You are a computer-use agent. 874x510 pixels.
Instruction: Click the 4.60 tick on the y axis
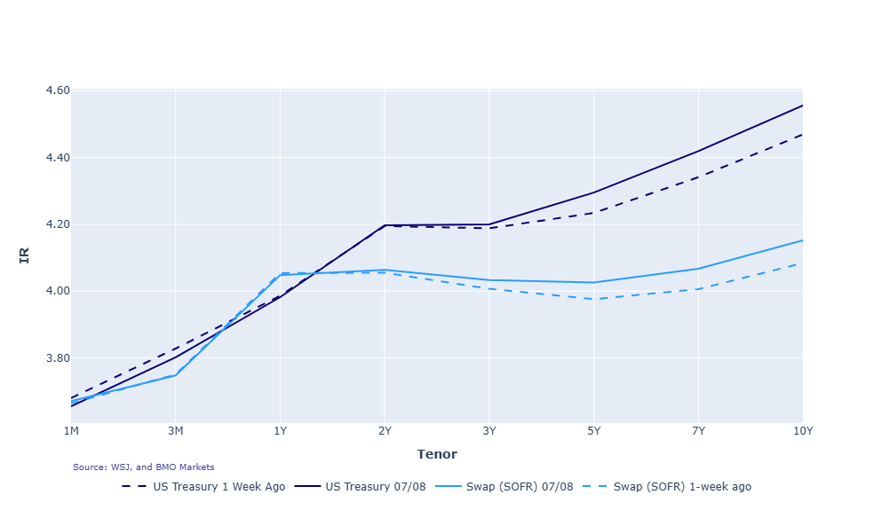[x=58, y=90]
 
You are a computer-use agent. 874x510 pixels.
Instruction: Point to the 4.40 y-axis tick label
[x=58, y=158]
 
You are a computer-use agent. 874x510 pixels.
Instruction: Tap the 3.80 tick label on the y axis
[x=58, y=358]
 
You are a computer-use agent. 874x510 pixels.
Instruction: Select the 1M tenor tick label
[x=71, y=431]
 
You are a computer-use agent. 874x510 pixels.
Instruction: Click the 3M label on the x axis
[x=176, y=431]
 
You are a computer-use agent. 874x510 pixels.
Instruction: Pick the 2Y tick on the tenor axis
[x=385, y=431]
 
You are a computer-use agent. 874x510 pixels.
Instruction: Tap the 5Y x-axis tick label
[x=593, y=431]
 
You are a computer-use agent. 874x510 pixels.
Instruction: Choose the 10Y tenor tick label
[x=803, y=431]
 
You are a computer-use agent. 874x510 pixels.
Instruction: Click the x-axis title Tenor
[x=437, y=454]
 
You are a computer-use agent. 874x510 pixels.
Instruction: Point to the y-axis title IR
[x=25, y=255]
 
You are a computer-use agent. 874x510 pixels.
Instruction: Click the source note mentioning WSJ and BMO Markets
[x=143, y=467]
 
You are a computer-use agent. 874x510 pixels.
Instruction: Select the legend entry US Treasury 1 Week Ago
[x=203, y=487]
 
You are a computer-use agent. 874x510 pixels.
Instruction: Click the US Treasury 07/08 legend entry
[x=360, y=487]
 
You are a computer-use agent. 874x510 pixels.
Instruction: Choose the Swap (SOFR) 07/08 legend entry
[x=504, y=487]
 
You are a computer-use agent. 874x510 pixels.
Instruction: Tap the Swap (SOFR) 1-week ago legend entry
[x=667, y=487]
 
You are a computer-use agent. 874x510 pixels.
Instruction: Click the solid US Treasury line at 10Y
[x=803, y=106]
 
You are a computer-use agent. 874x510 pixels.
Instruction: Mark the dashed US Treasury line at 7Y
[x=698, y=177]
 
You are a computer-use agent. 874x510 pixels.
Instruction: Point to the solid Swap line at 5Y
[x=593, y=282]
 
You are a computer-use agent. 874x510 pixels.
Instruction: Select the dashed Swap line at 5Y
[x=593, y=299]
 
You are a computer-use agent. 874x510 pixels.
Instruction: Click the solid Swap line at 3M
[x=176, y=375]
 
